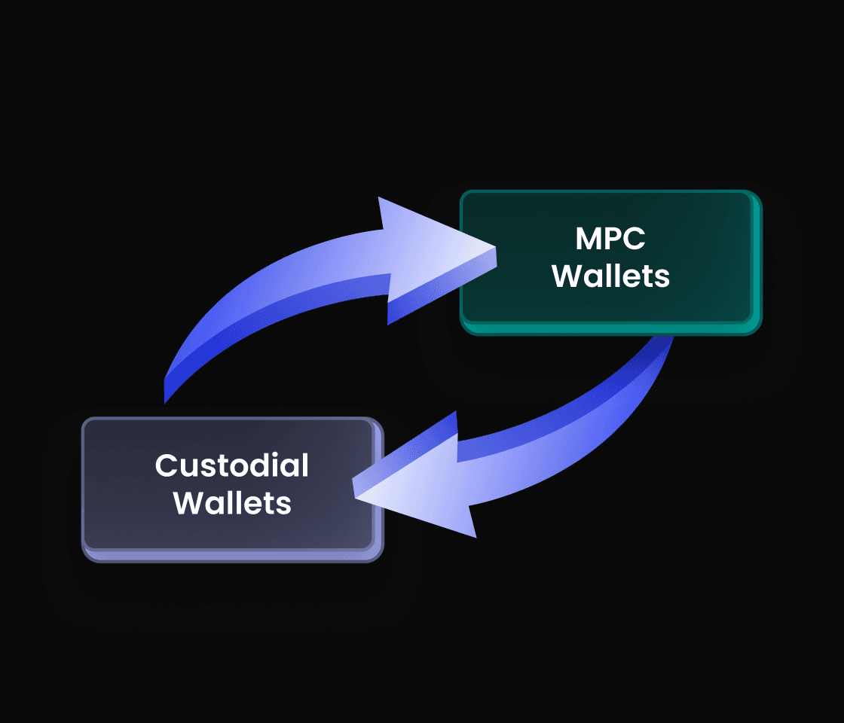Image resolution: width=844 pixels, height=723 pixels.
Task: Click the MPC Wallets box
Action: tap(610, 260)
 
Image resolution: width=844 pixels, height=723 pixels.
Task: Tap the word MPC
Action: tap(611, 239)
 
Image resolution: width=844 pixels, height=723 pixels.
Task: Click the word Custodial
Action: tap(232, 465)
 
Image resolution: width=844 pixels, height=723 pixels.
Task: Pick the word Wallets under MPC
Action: tap(611, 276)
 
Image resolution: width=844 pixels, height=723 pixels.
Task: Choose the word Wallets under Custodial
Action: tap(232, 502)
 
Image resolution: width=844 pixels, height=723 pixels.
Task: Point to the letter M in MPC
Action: tap(589, 239)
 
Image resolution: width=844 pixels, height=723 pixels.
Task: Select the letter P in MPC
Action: tap(613, 239)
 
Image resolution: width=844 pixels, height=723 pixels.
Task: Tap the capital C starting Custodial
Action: tap(167, 465)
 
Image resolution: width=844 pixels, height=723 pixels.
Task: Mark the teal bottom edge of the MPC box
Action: tap(610, 328)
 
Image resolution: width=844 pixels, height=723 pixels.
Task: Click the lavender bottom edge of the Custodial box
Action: tap(232, 556)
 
